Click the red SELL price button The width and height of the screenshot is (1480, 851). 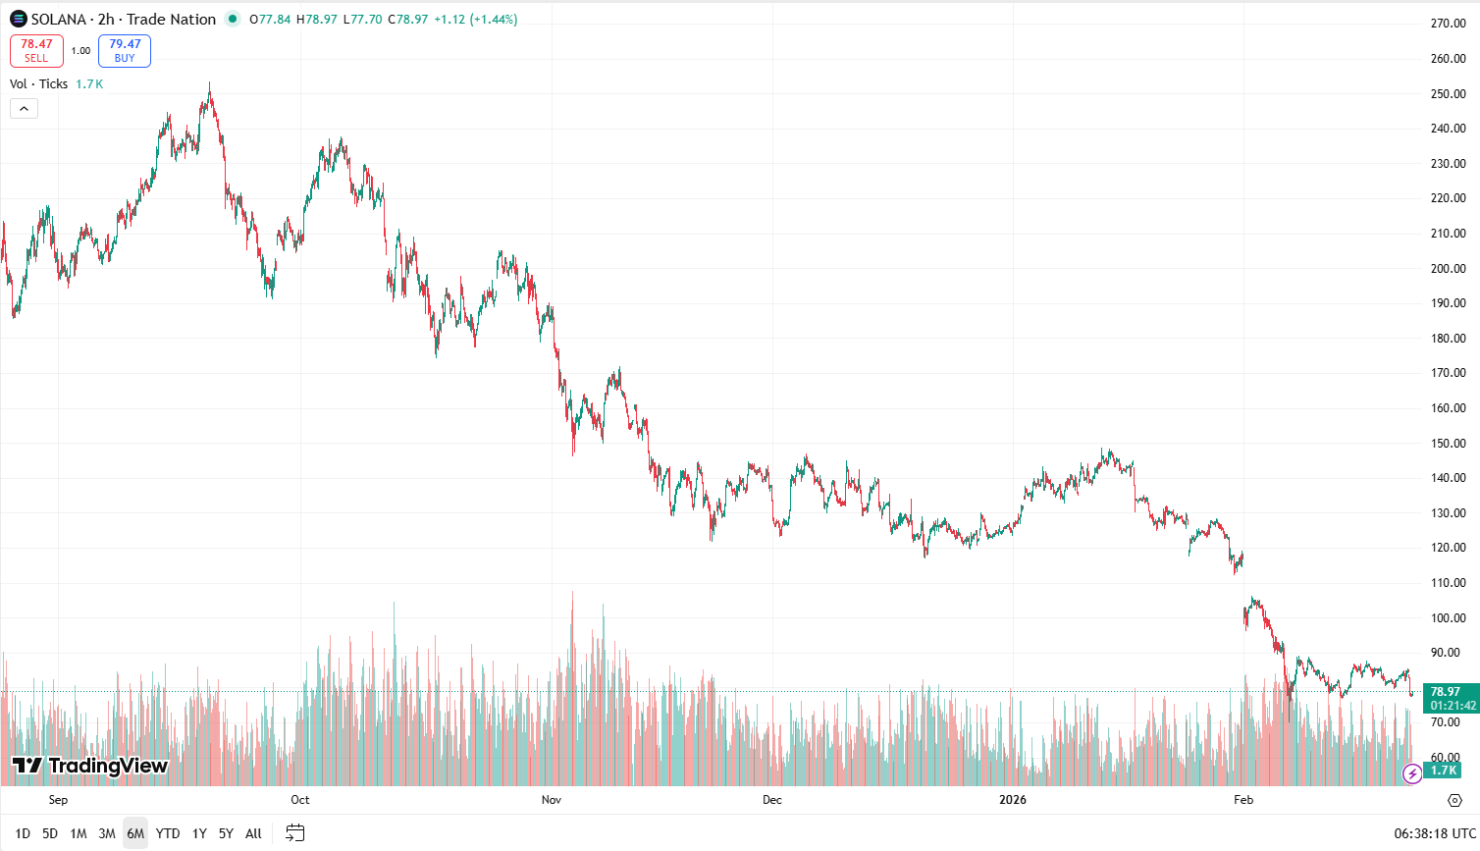(36, 50)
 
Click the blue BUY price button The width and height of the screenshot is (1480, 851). (125, 50)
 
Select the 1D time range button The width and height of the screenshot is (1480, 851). (23, 833)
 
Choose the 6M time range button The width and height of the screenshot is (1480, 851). (135, 833)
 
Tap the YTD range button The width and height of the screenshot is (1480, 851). (168, 833)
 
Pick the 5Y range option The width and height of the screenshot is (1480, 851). (226, 833)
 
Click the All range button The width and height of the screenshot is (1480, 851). (253, 833)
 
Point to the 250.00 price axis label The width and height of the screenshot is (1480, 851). (1448, 94)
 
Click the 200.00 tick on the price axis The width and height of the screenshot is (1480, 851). (1448, 269)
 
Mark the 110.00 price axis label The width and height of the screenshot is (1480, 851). (1448, 583)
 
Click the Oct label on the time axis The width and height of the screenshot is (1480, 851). (300, 800)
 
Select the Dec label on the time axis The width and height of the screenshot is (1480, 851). (772, 800)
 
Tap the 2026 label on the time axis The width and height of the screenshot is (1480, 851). (1013, 800)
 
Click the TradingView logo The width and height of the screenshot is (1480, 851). (90, 766)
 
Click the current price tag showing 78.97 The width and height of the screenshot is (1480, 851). (1446, 692)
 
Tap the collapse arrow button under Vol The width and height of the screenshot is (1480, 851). (24, 108)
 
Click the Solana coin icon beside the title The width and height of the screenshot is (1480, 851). (19, 20)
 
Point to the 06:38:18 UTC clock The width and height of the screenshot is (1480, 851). (1434, 833)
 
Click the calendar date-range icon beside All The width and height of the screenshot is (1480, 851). (294, 833)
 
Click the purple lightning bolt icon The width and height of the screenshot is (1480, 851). (1412, 774)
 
